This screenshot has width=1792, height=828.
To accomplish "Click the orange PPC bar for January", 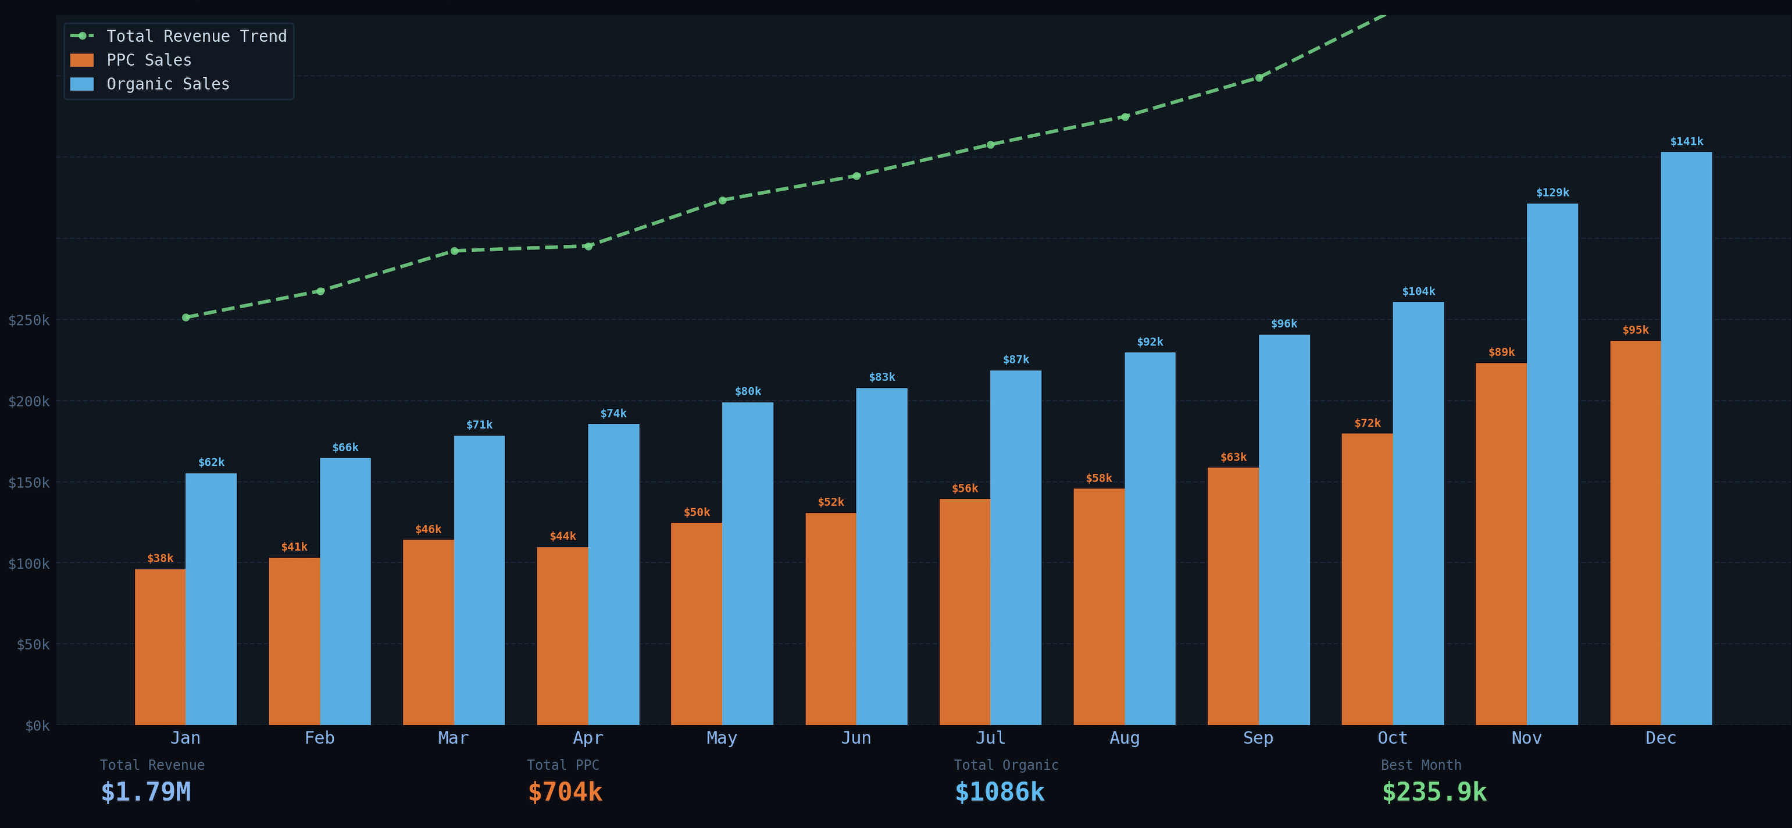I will (160, 647).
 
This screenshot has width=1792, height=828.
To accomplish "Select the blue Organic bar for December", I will (1686, 438).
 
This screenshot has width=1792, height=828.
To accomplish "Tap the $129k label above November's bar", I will (1552, 192).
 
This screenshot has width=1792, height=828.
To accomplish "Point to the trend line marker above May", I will (722, 201).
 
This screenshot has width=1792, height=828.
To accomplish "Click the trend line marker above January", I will (185, 317).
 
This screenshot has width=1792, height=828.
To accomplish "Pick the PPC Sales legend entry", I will (148, 60).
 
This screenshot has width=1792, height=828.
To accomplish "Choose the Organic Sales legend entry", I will (167, 84).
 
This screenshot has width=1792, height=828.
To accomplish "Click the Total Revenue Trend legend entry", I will (195, 36).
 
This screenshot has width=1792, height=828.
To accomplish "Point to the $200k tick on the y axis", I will (28, 401).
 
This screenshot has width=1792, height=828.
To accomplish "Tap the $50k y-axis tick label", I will (33, 644).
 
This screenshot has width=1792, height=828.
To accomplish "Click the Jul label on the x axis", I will (990, 737).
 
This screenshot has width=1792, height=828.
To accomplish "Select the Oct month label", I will (1392, 737).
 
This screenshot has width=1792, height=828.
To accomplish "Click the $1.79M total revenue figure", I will (145, 792).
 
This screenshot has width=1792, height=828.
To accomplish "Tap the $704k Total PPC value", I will (565, 792).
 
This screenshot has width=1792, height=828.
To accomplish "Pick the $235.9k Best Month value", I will (1434, 792).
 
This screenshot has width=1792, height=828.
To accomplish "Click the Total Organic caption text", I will (1005, 765).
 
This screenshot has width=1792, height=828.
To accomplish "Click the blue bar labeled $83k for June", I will (881, 556).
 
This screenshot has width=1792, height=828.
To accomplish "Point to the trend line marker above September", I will (1258, 78).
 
